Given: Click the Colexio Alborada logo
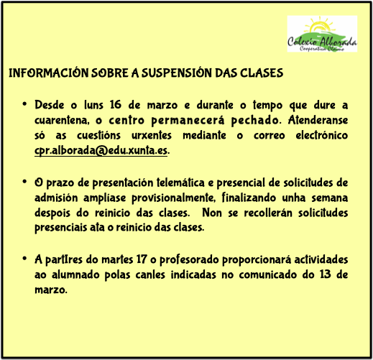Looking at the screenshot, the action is click(x=322, y=34).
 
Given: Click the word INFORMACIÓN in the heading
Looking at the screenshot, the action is click(x=49, y=73).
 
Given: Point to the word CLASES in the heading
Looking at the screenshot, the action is click(x=262, y=73).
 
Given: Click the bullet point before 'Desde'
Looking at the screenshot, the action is click(x=24, y=104).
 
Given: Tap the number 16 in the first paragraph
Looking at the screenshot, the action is click(x=116, y=105).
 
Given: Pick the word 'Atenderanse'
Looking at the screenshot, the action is click(x=318, y=120).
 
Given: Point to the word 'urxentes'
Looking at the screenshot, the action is click(x=152, y=135).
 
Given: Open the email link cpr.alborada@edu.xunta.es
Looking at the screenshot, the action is click(x=101, y=151).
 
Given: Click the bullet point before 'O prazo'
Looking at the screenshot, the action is click(x=24, y=182).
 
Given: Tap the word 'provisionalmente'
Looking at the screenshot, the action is click(x=173, y=198).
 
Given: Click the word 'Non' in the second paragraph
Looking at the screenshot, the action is click(x=212, y=213).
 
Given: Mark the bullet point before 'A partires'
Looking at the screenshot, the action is click(x=24, y=259).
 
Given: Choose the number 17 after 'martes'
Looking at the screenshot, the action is click(x=142, y=259).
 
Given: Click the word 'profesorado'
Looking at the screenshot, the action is click(x=189, y=260).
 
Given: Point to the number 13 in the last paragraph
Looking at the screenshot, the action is click(x=326, y=274).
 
